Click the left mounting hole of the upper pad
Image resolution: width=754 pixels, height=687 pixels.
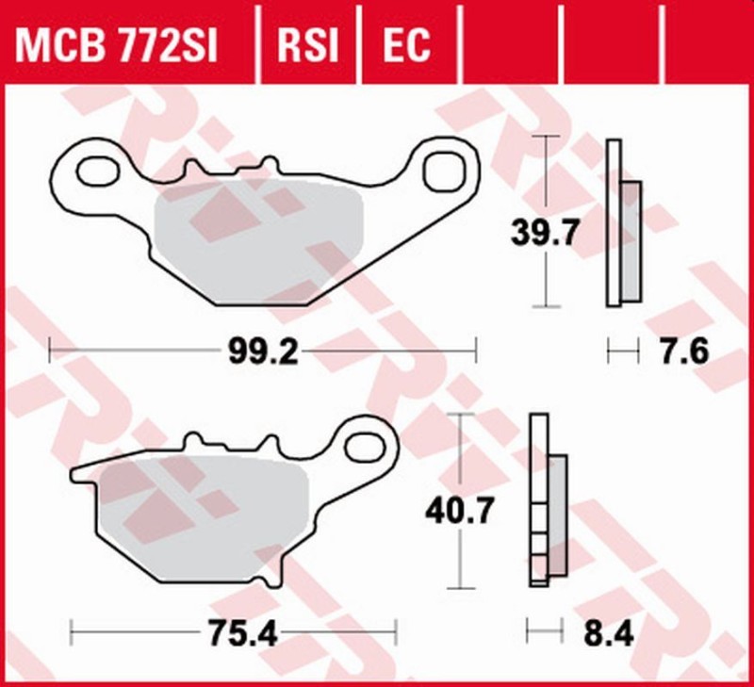point(93,172)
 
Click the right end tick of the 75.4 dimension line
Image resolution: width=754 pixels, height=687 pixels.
point(397,633)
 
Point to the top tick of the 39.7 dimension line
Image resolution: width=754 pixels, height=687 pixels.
point(545,137)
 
